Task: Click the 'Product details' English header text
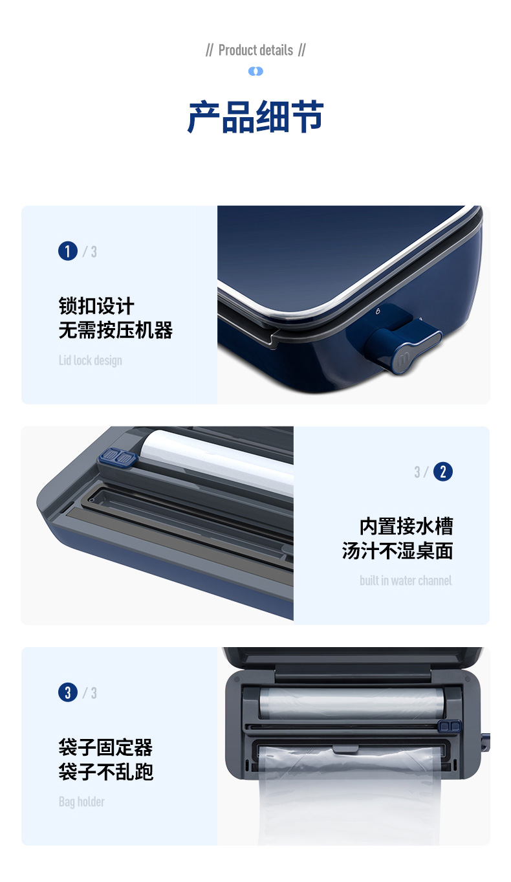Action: (255, 50)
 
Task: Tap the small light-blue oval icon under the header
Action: (255, 71)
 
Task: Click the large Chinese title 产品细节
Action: (255, 117)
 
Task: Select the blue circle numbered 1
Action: (68, 251)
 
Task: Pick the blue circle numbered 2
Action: (443, 472)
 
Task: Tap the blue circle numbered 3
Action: (68, 692)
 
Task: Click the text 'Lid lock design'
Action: (90, 360)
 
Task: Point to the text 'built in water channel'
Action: (406, 580)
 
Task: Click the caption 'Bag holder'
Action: (82, 802)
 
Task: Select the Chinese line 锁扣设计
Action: (96, 306)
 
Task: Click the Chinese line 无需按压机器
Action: (116, 330)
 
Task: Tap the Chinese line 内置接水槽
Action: (406, 527)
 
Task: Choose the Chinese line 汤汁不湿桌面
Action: (397, 551)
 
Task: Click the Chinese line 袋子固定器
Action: (105, 747)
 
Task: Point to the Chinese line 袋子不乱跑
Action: (105, 771)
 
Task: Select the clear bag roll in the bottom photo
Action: (351, 703)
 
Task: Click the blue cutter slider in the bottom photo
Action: (450, 725)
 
